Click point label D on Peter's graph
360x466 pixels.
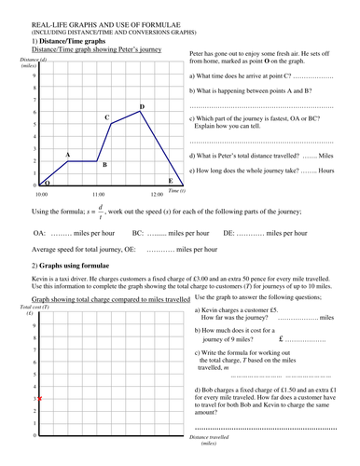click(x=141, y=107)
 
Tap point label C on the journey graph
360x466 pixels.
click(x=107, y=118)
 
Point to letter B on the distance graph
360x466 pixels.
click(x=104, y=165)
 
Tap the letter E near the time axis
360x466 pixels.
click(x=170, y=180)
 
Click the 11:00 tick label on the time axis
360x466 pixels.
click(x=99, y=194)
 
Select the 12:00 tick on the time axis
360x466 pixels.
click(x=156, y=194)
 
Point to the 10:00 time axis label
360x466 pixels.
click(x=41, y=194)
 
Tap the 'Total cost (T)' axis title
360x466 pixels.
click(x=33, y=306)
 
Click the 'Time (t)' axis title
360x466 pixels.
click(x=177, y=190)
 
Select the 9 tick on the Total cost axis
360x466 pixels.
click(x=35, y=326)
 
